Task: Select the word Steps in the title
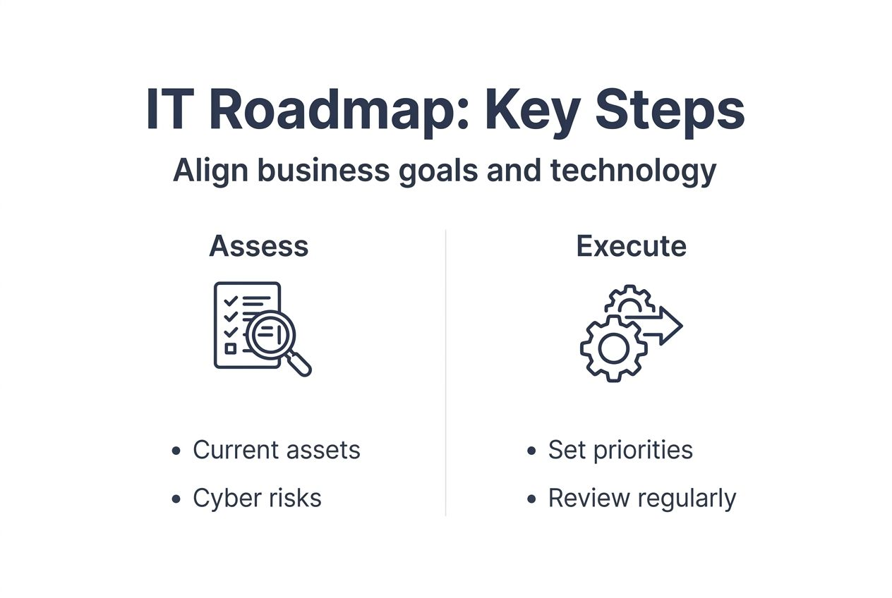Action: (x=670, y=111)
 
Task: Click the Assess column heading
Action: (x=259, y=246)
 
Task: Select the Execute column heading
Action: (x=631, y=246)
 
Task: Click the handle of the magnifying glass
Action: (x=301, y=365)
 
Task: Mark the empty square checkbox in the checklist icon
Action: (x=230, y=348)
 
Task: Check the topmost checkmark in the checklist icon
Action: (x=230, y=301)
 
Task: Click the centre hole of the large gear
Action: (x=613, y=348)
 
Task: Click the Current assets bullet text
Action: (x=276, y=450)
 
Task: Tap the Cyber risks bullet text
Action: (x=257, y=498)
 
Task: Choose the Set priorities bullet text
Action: (x=620, y=450)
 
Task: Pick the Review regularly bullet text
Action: (x=641, y=498)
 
